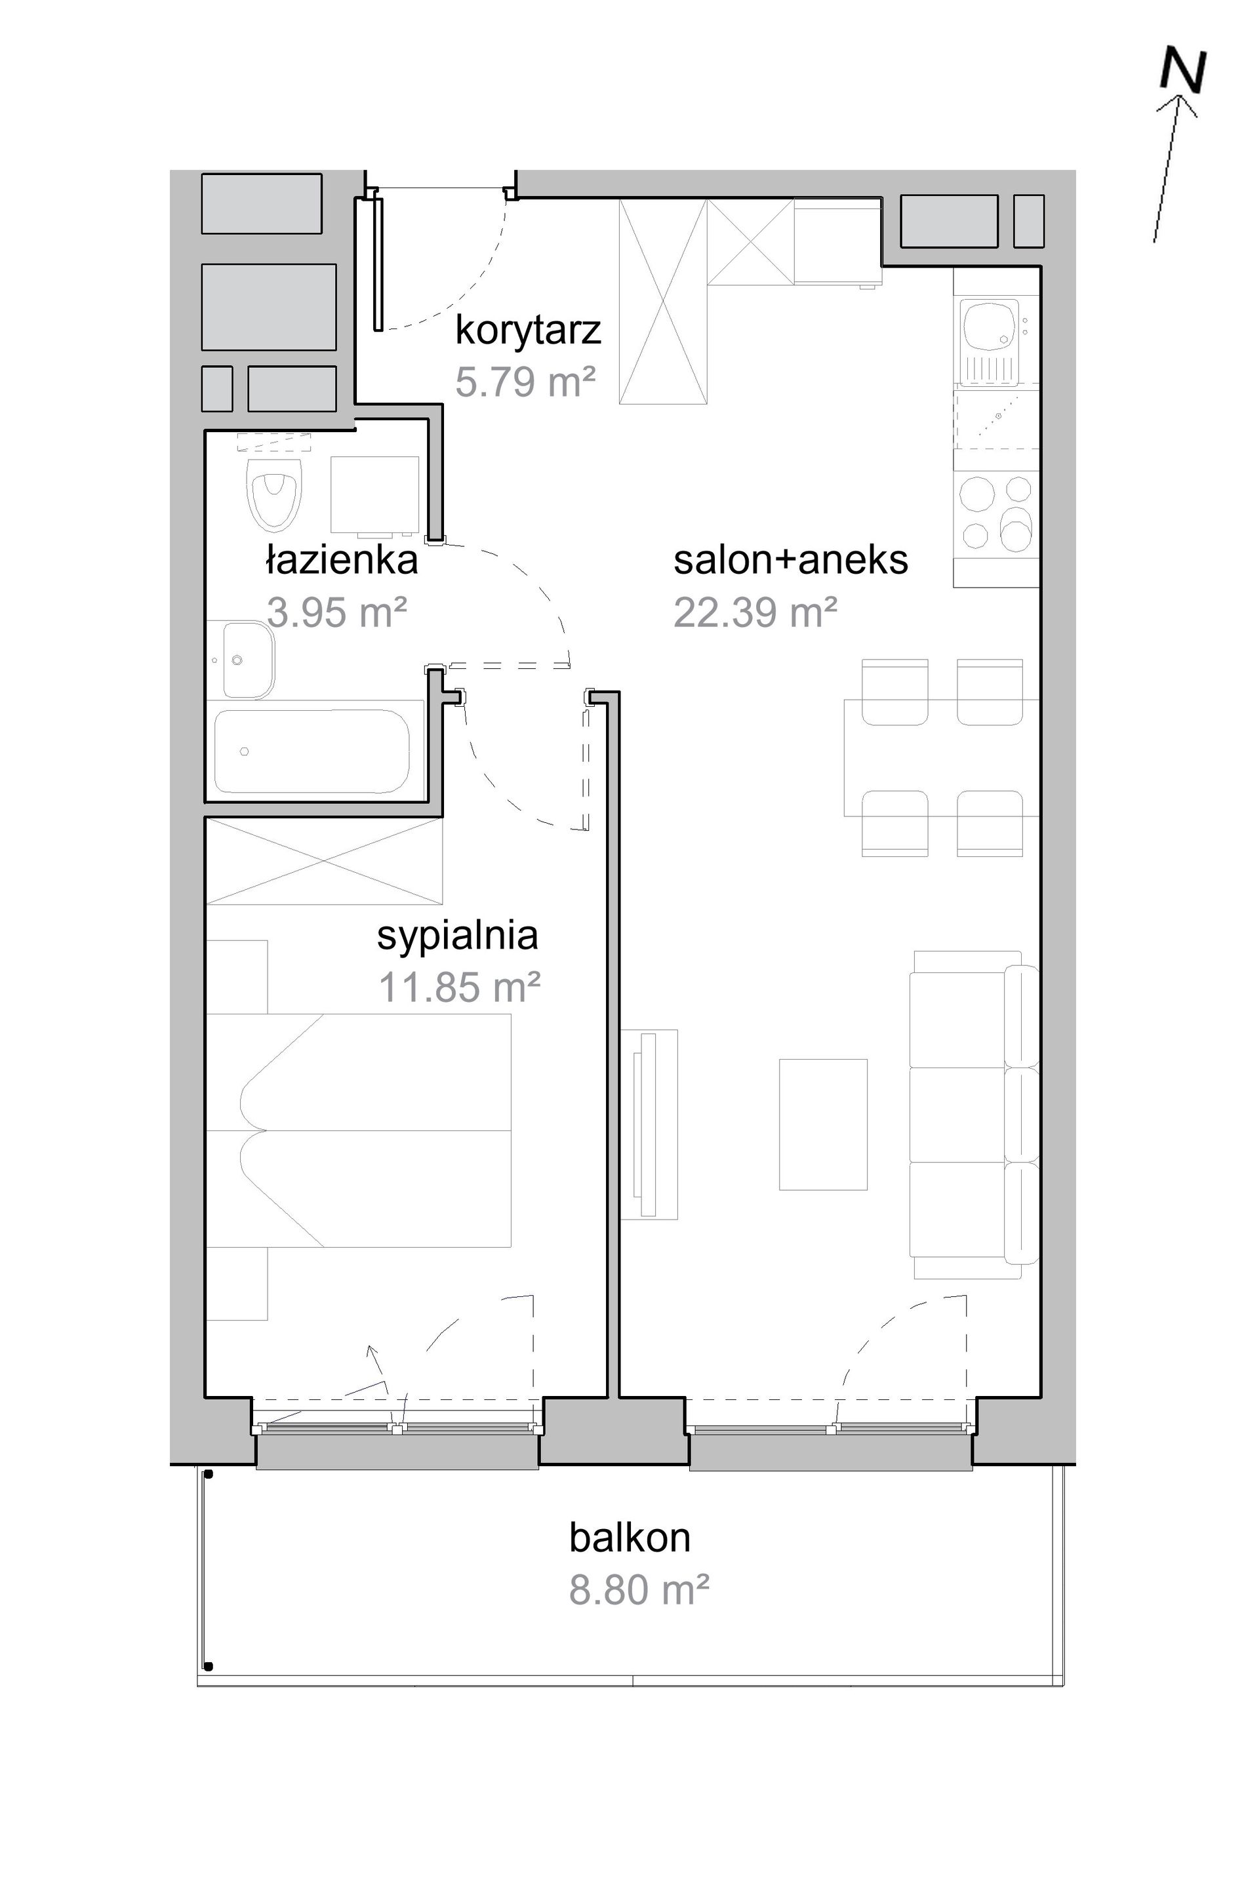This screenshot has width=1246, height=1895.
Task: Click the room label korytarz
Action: pos(528,331)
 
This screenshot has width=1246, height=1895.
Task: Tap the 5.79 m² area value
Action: pos(525,382)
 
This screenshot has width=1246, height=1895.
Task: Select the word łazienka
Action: pos(342,560)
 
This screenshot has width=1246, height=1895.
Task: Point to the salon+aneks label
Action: pos(791,560)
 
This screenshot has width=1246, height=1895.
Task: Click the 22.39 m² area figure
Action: pos(755,612)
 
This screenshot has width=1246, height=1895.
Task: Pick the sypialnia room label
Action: pos(458,936)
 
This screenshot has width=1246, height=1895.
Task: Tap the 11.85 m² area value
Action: pos(460,987)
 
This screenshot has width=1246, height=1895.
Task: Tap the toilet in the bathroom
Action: pos(275,493)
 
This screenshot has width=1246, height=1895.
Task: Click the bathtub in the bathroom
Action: pos(312,751)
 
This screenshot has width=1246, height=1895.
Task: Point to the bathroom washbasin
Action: pos(248,659)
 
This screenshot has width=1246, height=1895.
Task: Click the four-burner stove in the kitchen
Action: pos(996,513)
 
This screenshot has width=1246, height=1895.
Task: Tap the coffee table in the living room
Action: pos(822,1125)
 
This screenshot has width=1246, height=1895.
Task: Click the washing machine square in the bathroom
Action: pos(375,494)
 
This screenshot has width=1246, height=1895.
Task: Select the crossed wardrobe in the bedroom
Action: pos(324,861)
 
